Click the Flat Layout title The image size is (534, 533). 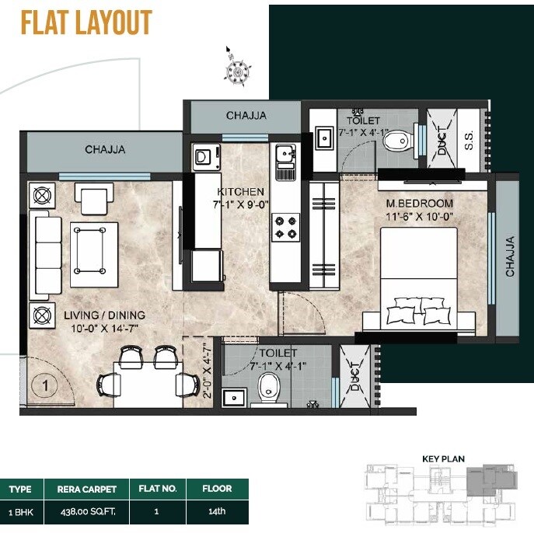click(86, 23)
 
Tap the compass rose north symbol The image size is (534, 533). click(235, 71)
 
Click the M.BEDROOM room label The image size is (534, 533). click(420, 204)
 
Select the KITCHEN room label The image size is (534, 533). click(241, 192)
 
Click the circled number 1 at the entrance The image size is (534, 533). click(45, 384)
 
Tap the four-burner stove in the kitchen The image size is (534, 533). click(284, 226)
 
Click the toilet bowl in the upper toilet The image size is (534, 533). click(398, 140)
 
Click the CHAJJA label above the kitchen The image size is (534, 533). click(246, 116)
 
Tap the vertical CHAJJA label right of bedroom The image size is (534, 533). click(511, 257)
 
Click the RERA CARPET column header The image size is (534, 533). click(86, 489)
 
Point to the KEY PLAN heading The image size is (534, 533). click(443, 459)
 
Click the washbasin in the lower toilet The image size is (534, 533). click(234, 398)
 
